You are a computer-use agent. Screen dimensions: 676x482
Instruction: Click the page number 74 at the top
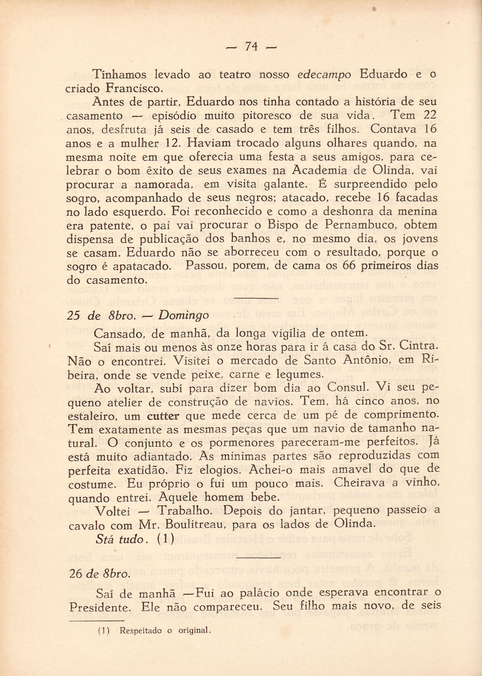click(251, 47)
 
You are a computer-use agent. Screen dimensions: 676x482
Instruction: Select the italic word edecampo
click(324, 75)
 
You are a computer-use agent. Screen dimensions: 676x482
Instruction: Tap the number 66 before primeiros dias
click(352, 266)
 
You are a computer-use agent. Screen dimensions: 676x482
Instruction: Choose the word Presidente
click(99, 608)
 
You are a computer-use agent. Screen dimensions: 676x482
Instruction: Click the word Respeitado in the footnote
click(141, 631)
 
